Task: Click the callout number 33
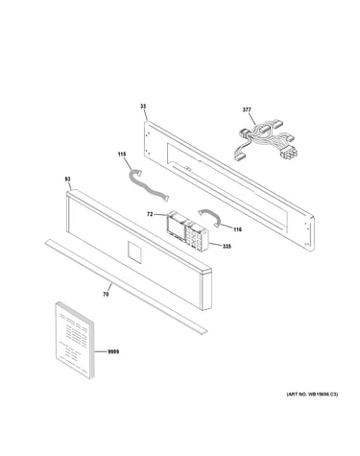[x=143, y=107]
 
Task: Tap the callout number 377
[x=247, y=109]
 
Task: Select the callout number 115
[x=122, y=155]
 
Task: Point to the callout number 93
[x=68, y=180]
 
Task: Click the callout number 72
[x=150, y=214]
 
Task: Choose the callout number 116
[x=237, y=229]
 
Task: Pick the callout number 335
[x=227, y=247]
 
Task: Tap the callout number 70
[x=106, y=294]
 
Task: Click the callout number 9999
[x=113, y=352]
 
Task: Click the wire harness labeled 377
[x=266, y=140]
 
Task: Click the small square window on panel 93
[x=134, y=252]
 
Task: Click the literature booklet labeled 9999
[x=75, y=341]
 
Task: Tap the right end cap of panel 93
[x=206, y=290]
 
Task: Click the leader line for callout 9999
[x=101, y=352]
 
